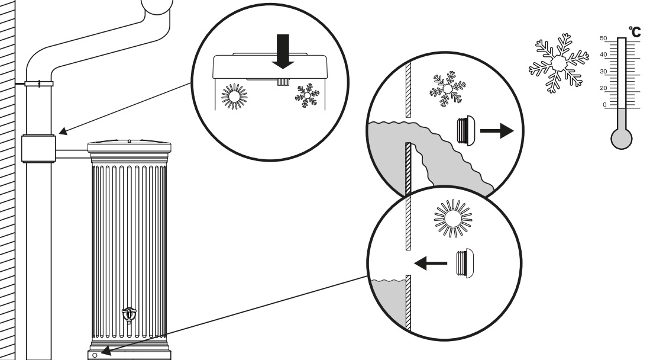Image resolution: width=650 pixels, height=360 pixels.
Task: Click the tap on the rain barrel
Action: [129, 315]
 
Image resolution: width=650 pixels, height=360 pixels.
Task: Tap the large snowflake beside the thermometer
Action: [558, 63]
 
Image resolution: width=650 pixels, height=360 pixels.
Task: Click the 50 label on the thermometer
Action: [603, 38]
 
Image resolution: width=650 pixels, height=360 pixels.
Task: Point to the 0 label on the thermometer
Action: [604, 105]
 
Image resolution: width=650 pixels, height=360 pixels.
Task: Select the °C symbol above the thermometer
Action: [635, 32]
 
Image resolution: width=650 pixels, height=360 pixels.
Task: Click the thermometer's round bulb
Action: [622, 139]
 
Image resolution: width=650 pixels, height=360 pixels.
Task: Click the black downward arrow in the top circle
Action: [283, 52]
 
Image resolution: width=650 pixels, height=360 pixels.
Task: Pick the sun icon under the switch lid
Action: [234, 97]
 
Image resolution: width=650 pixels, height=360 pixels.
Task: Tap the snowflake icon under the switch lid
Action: [307, 95]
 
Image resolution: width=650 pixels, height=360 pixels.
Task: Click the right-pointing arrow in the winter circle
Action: [497, 131]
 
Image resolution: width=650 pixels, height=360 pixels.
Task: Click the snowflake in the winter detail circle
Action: [448, 89]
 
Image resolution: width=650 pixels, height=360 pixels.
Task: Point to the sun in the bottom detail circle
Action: [453, 218]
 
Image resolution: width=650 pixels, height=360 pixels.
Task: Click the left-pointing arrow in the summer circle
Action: [431, 263]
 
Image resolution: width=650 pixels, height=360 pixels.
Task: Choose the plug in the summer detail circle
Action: [465, 263]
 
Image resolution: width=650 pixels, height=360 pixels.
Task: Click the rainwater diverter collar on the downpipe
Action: [38, 149]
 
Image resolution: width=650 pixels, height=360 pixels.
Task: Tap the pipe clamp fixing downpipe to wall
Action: [39, 84]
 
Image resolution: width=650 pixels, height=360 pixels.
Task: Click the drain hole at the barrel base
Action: [95, 355]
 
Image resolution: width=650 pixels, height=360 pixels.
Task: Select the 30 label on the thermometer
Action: [603, 72]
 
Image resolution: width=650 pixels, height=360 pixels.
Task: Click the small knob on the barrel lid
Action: [130, 141]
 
